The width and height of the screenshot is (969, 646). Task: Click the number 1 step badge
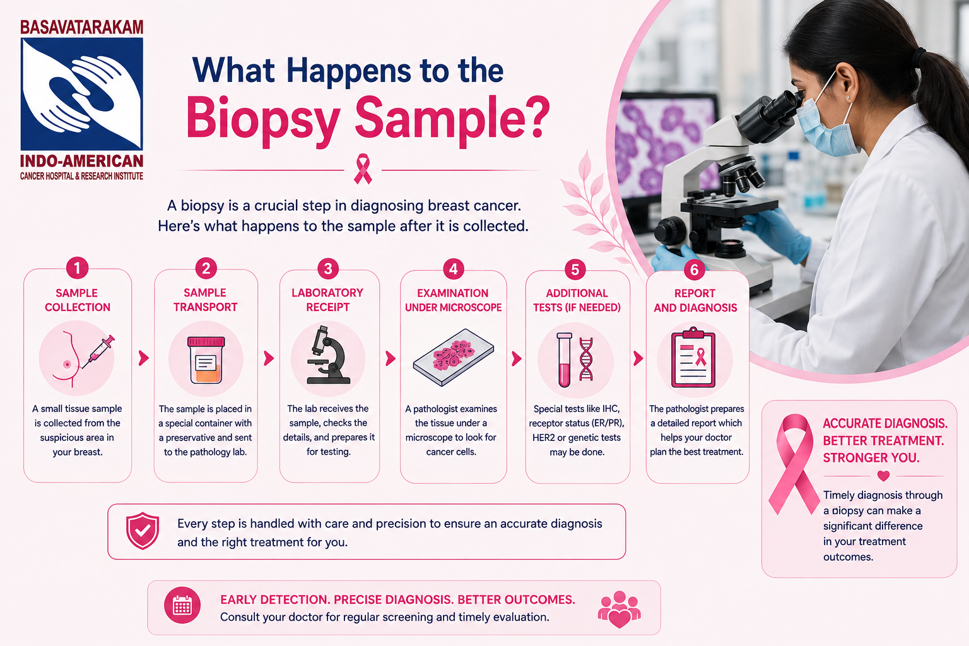[x=77, y=268]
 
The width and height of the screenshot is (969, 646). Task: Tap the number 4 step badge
[x=453, y=269]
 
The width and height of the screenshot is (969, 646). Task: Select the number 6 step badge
[x=694, y=269]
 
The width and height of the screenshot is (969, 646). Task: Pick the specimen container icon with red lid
[x=206, y=360]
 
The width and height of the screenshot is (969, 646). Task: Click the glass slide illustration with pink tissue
[x=453, y=357]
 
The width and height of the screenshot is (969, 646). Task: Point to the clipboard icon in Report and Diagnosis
[x=693, y=357]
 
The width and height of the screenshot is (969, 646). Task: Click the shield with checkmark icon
[x=143, y=531]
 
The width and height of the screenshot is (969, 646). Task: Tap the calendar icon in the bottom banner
[x=182, y=606]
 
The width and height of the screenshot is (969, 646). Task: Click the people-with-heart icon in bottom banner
[x=619, y=609]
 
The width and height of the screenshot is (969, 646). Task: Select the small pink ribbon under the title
[x=363, y=170]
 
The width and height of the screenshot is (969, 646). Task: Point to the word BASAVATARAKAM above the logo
[x=82, y=27]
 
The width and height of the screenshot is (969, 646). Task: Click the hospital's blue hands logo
[x=82, y=94]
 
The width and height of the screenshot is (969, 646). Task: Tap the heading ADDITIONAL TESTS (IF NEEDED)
[x=577, y=300]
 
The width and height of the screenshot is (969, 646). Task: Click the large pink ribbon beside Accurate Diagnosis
[x=794, y=464]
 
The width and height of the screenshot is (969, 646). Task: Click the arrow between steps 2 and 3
[x=269, y=358]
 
